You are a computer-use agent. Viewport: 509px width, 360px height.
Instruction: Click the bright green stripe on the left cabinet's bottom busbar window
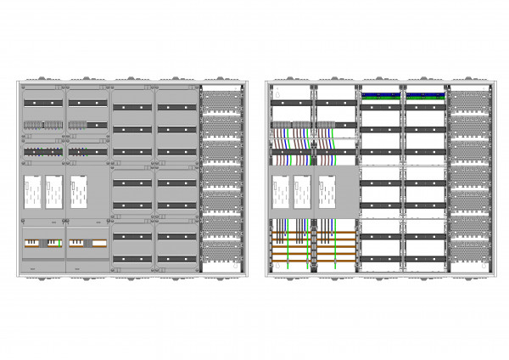click(x=61, y=243)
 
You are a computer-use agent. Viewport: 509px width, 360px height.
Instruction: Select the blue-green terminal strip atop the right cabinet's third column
click(x=380, y=96)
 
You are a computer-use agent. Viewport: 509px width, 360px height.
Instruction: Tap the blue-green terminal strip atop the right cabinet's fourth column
click(x=425, y=96)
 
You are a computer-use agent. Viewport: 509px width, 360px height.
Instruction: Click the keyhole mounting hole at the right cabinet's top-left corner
click(x=271, y=88)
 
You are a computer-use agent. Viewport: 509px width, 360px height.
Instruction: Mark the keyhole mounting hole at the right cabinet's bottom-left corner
click(x=271, y=268)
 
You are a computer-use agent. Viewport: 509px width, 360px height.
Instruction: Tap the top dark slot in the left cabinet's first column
click(x=42, y=103)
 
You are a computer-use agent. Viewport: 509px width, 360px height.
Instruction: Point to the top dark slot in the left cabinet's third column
click(x=132, y=108)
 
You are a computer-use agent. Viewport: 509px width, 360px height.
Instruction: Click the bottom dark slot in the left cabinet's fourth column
click(x=176, y=256)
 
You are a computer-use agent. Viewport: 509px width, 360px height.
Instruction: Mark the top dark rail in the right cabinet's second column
click(x=335, y=103)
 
